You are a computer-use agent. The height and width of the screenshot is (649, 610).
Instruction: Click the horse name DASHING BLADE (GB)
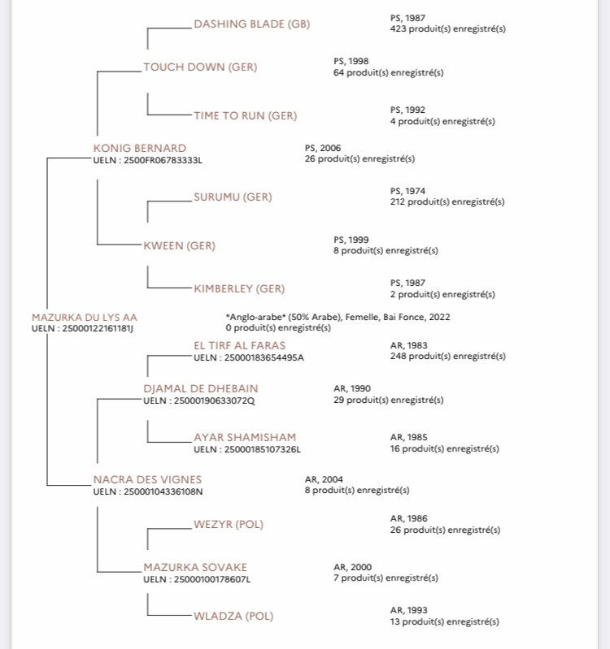[252, 24]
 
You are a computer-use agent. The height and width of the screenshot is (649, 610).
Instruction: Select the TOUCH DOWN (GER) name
[200, 67]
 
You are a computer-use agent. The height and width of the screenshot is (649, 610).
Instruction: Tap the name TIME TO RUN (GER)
[246, 115]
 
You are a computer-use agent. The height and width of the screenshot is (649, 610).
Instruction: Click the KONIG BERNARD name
[140, 148]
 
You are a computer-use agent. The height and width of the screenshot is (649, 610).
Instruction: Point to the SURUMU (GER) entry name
[233, 197]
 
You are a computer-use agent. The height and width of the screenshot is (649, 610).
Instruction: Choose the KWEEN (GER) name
[180, 245]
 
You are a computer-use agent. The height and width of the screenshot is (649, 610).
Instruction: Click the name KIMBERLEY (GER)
[239, 288]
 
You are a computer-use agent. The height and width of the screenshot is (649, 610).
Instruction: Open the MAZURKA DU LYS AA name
[85, 318]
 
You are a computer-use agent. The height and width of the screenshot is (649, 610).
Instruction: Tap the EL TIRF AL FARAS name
[239, 345]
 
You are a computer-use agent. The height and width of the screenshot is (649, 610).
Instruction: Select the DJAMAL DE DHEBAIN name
[201, 388]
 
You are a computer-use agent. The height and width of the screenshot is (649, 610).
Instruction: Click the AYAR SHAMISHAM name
[245, 438]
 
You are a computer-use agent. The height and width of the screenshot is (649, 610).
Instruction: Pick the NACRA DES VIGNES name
[147, 480]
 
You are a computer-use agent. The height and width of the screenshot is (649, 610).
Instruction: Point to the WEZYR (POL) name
[229, 525]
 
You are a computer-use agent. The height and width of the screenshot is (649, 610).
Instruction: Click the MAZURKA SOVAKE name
[195, 567]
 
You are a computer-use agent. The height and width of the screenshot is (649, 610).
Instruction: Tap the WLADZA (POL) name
[233, 616]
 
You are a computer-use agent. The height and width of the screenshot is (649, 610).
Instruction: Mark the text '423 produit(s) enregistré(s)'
[448, 29]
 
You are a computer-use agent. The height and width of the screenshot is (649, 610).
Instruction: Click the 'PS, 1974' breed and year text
[407, 191]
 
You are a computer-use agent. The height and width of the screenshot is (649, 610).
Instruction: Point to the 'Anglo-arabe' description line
[338, 317]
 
